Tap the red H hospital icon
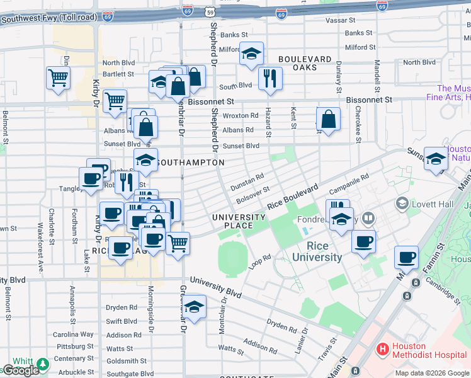click(382, 348)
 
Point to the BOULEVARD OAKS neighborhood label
click(305, 63)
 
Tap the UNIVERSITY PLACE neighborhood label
click(239, 221)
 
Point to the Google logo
click(20, 370)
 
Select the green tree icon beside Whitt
click(43, 364)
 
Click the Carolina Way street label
click(73, 335)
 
